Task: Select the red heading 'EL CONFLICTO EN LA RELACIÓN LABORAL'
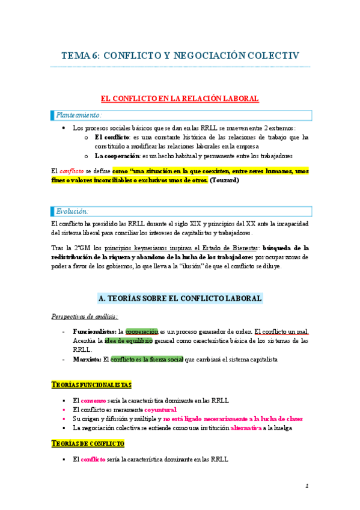pyautogui.click(x=179, y=98)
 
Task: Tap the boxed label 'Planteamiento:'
pyautogui.click(x=79, y=114)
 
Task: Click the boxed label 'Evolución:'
pyautogui.click(x=72, y=211)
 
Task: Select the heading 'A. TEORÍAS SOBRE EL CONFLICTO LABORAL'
pyautogui.click(x=179, y=298)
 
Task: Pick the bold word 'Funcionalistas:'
pyautogui.click(x=95, y=331)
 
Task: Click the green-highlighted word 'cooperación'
pyautogui.click(x=142, y=331)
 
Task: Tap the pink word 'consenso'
pyautogui.click(x=94, y=401)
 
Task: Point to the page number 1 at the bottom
pyautogui.click(x=307, y=486)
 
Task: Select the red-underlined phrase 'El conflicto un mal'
pyautogui.click(x=281, y=331)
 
